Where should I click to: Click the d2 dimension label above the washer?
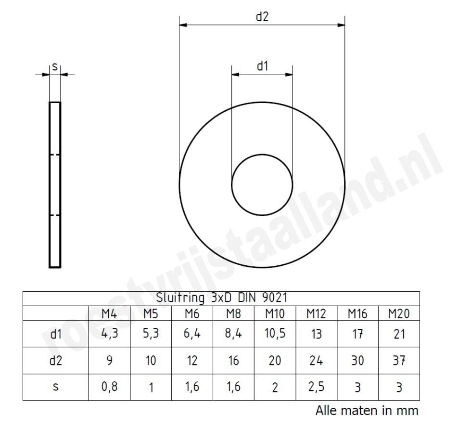tap(262, 17)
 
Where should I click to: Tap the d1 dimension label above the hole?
tap(262, 66)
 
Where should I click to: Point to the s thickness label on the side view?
tap(55, 67)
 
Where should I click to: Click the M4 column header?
tap(109, 314)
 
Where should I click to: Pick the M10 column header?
tap(275, 314)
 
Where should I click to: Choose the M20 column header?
tap(399, 314)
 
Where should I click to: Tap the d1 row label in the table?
tap(56, 334)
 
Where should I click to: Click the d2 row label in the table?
tap(56, 361)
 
